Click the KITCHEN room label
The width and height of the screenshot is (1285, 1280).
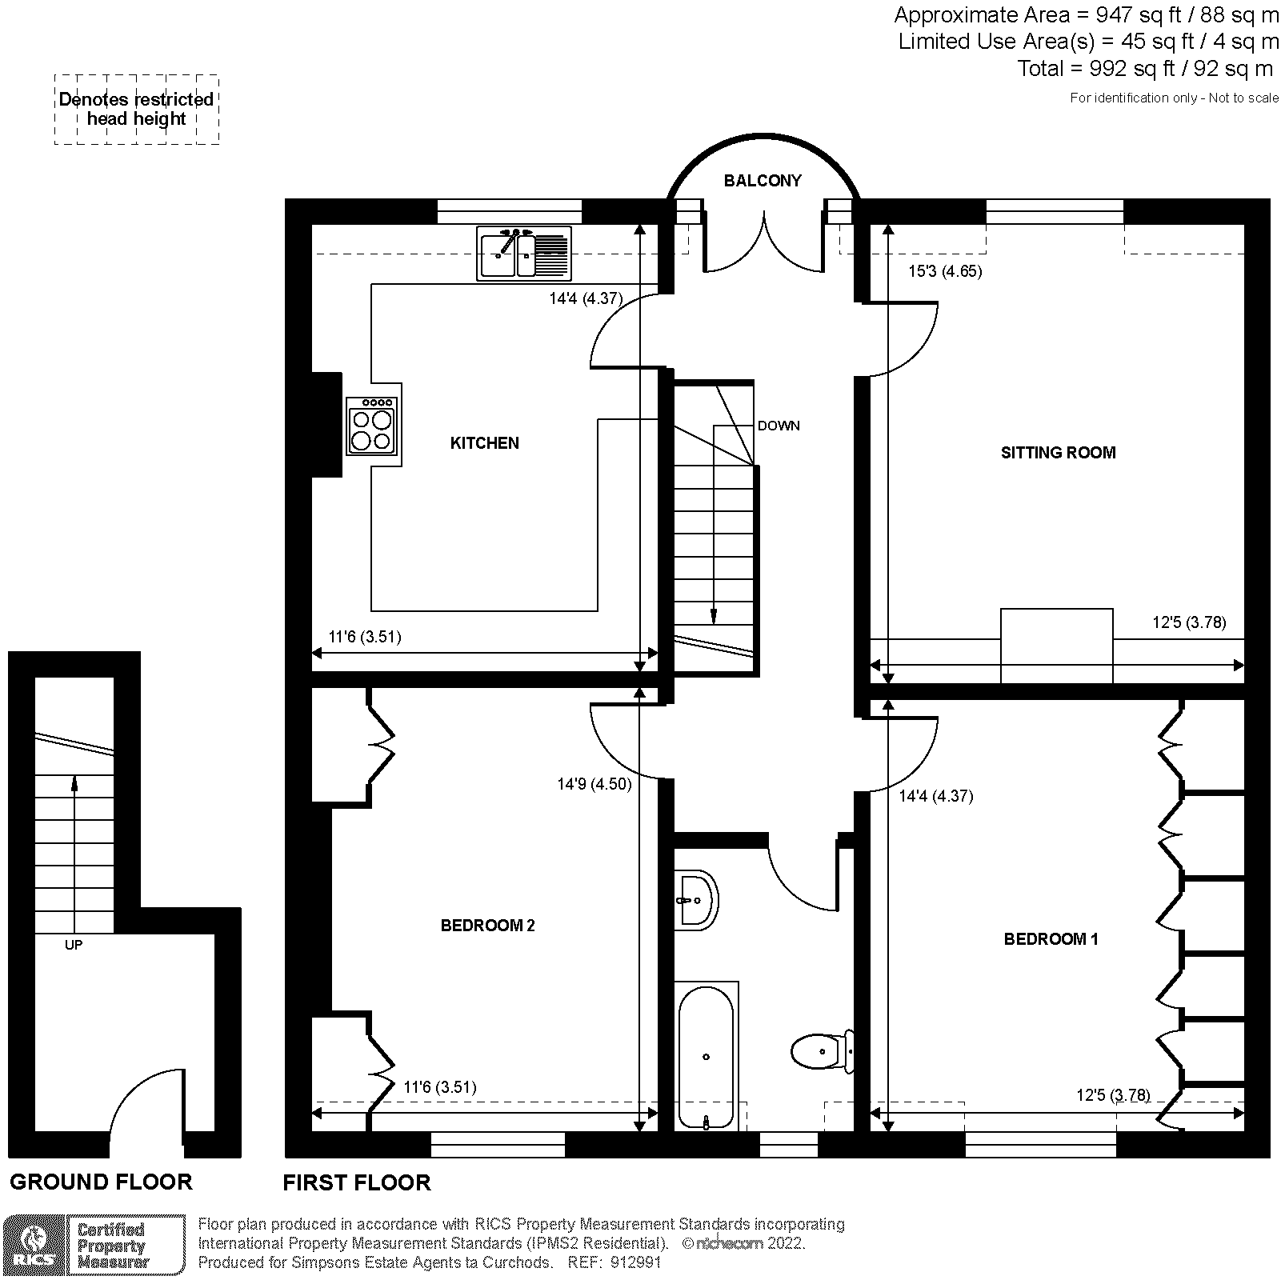pyautogui.click(x=484, y=443)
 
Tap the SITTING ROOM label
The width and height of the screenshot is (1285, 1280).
pyautogui.click(x=1058, y=453)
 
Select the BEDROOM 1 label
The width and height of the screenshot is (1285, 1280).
pyautogui.click(x=1051, y=939)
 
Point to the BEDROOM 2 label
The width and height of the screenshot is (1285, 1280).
pyautogui.click(x=487, y=926)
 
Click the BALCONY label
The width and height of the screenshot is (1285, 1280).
pyautogui.click(x=763, y=181)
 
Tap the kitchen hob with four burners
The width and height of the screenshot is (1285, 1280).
pyautogui.click(x=373, y=426)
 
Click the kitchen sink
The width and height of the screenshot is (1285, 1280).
pyautogui.click(x=524, y=253)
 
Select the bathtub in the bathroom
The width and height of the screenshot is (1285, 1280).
pyautogui.click(x=706, y=1056)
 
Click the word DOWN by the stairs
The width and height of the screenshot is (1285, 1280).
pyautogui.click(x=779, y=426)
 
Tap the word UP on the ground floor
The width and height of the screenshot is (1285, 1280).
pyautogui.click(x=74, y=945)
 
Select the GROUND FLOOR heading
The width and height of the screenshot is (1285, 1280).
pyautogui.click(x=101, y=1182)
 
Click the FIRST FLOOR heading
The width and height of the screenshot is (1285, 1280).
pyautogui.click(x=357, y=1182)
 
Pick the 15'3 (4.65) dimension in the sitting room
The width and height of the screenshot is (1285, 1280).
pyautogui.click(x=945, y=271)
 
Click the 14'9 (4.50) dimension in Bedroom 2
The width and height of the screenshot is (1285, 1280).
pyautogui.click(x=594, y=785)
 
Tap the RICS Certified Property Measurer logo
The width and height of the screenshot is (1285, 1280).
pyautogui.click(x=94, y=1246)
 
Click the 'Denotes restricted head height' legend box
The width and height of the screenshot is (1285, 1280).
pyautogui.click(x=137, y=110)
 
